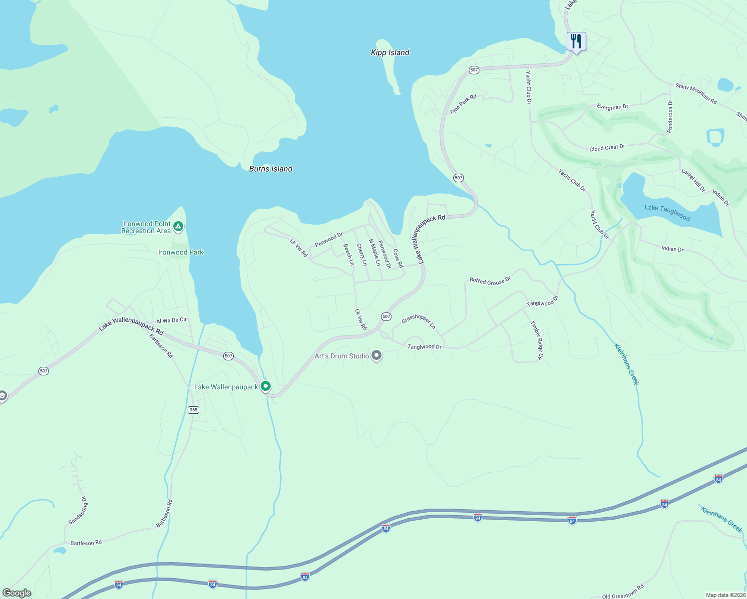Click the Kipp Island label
click(390, 52)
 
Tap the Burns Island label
click(271, 169)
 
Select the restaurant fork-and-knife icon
click(576, 41)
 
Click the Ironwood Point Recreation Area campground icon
click(178, 227)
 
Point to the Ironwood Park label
click(181, 252)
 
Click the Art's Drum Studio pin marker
click(377, 356)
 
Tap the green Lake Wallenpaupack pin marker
click(266, 386)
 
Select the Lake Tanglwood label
click(667, 213)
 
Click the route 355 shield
click(194, 410)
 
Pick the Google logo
click(17, 593)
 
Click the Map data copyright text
click(725, 595)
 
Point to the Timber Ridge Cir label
click(537, 340)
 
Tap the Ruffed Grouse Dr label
click(490, 281)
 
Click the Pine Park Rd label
click(463, 104)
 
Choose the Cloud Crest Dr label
click(607, 148)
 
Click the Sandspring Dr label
click(78, 510)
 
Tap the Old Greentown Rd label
click(623, 593)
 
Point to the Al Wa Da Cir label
click(171, 320)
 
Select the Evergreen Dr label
click(612, 107)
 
